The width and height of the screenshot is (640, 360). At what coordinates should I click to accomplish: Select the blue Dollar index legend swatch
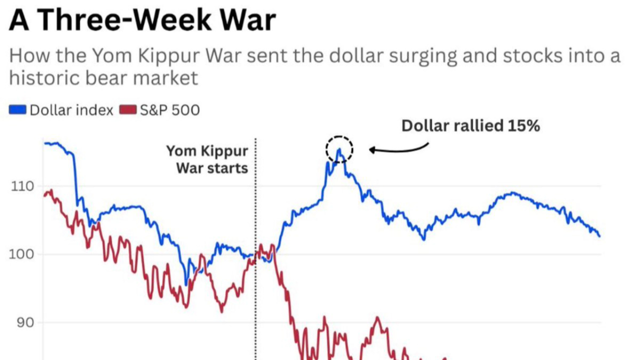click(18, 109)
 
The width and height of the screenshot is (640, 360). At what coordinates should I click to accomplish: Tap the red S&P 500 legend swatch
click(127, 109)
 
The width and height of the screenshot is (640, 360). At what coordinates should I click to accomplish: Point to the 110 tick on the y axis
click(23, 187)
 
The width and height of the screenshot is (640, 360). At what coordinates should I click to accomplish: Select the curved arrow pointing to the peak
click(398, 148)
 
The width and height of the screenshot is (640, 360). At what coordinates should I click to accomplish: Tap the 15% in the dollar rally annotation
click(524, 125)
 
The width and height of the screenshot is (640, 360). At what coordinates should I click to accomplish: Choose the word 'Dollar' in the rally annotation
click(425, 125)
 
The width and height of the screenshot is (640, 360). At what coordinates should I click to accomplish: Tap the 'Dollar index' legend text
click(71, 109)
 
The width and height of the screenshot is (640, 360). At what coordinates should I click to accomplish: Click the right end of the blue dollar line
click(599, 235)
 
